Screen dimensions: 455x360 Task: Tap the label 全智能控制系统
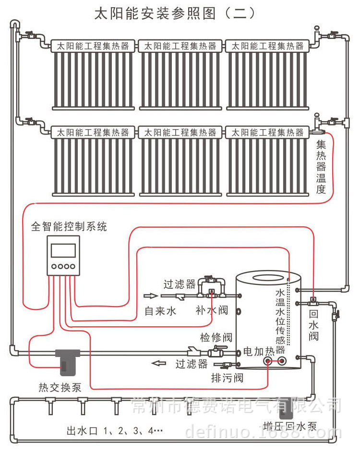pyautogui.click(x=69, y=226)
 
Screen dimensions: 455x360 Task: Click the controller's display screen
pyautogui.click(x=63, y=250)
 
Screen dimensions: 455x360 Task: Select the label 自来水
pyautogui.click(x=161, y=311)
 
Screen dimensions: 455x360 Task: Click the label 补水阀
pyautogui.click(x=212, y=311)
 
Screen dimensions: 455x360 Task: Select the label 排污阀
pyautogui.click(x=227, y=378)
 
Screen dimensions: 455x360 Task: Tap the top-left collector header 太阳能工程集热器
pyautogui.click(x=94, y=46)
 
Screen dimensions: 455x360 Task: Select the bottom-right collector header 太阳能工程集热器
pyautogui.click(x=268, y=132)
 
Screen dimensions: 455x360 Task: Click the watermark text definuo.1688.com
pyautogui.click(x=264, y=433)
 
